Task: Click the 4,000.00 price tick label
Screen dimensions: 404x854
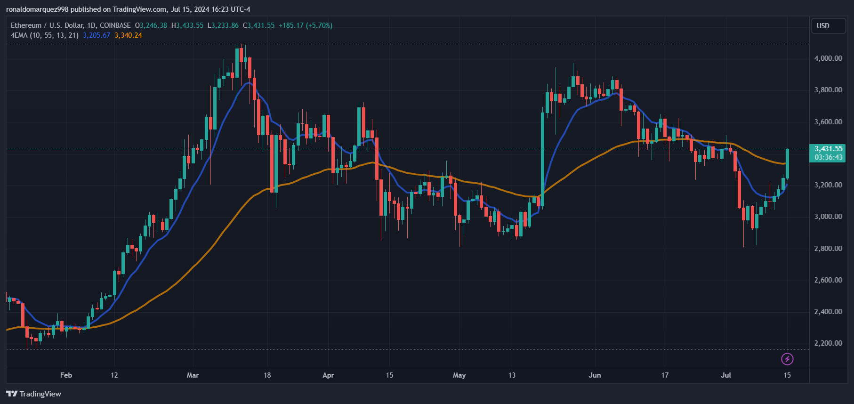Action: point(828,58)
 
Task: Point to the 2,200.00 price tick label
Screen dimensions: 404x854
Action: point(828,343)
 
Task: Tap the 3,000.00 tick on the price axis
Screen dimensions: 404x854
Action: point(828,217)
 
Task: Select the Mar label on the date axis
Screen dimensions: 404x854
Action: point(193,375)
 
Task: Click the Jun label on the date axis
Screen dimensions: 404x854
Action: point(595,375)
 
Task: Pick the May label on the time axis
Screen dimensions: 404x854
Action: point(459,375)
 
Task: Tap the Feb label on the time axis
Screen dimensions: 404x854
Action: point(66,375)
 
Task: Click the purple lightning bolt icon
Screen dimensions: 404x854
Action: point(787,359)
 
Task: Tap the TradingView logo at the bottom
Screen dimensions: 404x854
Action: point(34,394)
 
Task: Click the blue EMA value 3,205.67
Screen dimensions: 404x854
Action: point(97,35)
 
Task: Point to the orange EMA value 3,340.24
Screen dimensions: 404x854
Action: point(128,35)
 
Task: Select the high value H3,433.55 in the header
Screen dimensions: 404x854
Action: point(187,25)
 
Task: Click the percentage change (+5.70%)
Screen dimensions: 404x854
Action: point(319,25)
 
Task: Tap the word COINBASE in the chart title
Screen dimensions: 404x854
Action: point(115,25)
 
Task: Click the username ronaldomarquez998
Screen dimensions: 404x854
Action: point(37,9)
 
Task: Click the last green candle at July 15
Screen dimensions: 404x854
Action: point(787,164)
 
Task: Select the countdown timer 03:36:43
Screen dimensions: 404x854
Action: point(828,157)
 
